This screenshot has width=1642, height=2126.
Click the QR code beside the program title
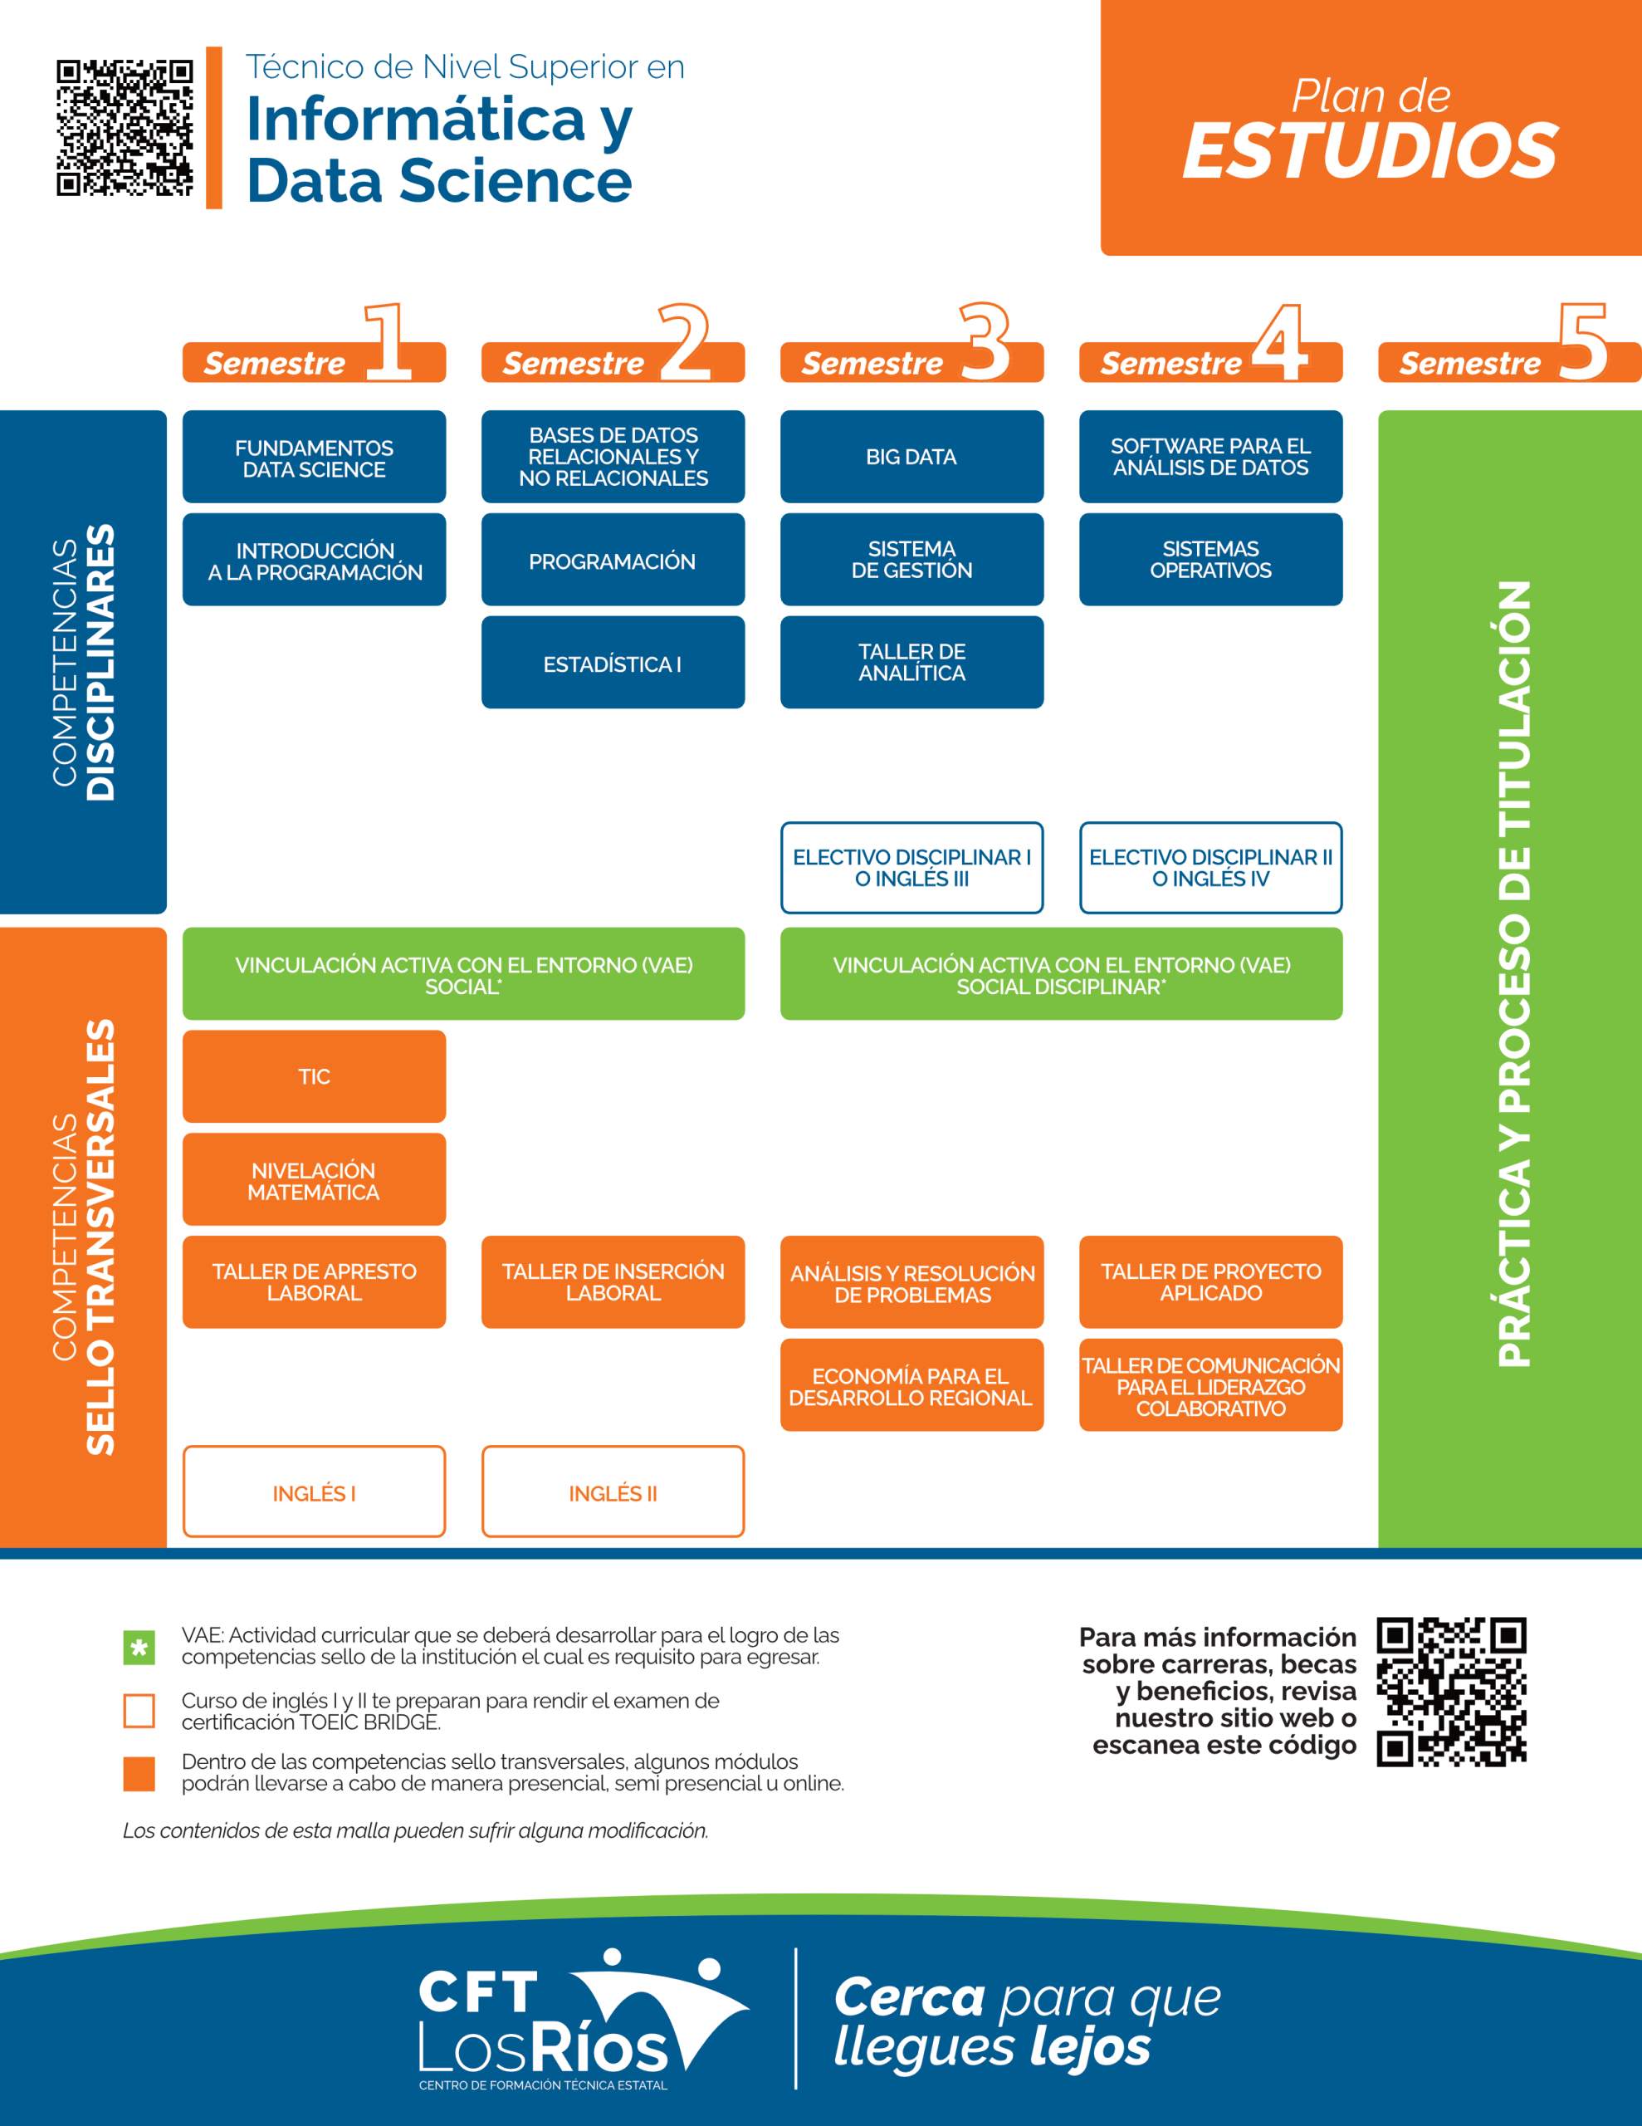pyautogui.click(x=125, y=128)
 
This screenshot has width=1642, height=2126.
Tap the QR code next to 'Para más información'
pyautogui.click(x=1451, y=1692)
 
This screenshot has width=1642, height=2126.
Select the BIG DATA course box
pyautogui.click(x=911, y=457)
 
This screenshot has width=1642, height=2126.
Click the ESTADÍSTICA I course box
pyautogui.click(x=612, y=663)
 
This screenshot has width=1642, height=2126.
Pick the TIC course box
pyautogui.click(x=314, y=1075)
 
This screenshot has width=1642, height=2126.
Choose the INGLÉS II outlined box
pyautogui.click(x=612, y=1492)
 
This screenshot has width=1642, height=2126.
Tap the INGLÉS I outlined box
pyautogui.click(x=314, y=1492)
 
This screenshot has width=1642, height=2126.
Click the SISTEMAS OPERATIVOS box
pyautogui.click(x=1210, y=560)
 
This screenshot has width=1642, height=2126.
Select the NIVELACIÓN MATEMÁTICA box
pyautogui.click(x=314, y=1180)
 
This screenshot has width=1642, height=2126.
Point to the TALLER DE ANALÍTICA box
pyautogui.click(x=911, y=662)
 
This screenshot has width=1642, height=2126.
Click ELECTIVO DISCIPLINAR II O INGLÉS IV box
pyautogui.click(x=1210, y=867)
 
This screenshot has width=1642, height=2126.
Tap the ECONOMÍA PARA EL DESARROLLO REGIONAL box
pyautogui.click(x=911, y=1385)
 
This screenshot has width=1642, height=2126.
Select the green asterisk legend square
pyautogui.click(x=139, y=1647)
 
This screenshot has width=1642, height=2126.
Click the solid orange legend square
pyautogui.click(x=139, y=1774)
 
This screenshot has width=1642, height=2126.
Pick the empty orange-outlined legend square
pyautogui.click(x=139, y=1710)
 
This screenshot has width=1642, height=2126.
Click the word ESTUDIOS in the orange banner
pyautogui.click(x=1370, y=151)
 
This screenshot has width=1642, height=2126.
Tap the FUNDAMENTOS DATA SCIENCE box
pyautogui.click(x=314, y=458)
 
